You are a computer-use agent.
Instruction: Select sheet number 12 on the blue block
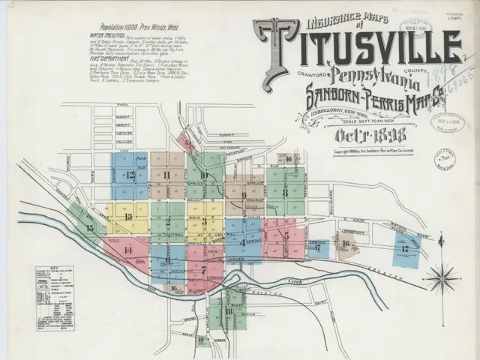130,175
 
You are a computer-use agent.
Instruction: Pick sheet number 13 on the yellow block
128,217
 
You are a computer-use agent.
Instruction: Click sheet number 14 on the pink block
127,250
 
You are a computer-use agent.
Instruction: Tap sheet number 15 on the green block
90,227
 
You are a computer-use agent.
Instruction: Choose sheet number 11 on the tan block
165,175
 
